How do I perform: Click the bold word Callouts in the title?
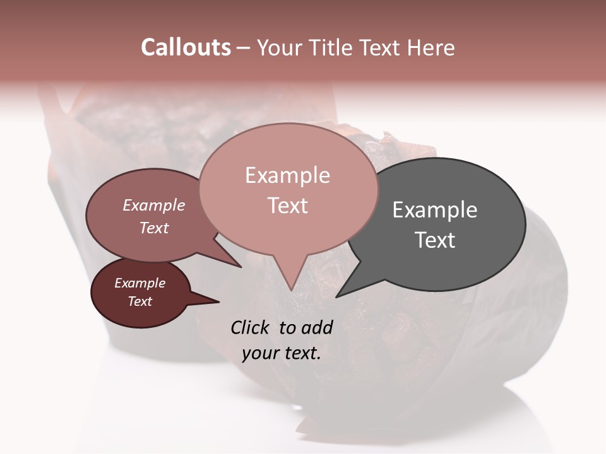point(186,47)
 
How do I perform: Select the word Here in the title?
point(431,47)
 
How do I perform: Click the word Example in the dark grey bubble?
point(435,210)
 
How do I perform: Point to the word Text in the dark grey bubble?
point(435,240)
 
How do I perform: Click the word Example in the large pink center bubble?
point(287,175)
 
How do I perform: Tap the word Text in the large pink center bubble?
point(287,206)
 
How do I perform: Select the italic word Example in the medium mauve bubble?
point(154,206)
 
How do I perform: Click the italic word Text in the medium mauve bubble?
point(154,228)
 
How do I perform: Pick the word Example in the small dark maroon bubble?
point(140,283)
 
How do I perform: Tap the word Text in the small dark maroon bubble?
point(140,301)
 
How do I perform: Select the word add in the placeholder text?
point(318,327)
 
